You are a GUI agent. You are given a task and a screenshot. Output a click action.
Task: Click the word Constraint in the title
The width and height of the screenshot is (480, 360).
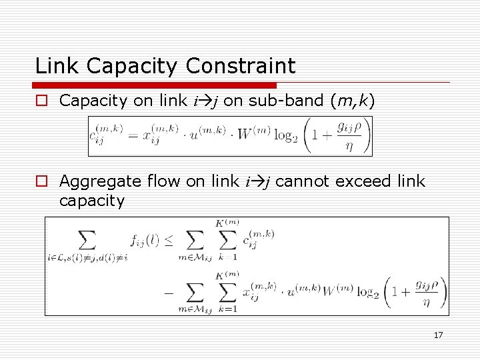click(241, 66)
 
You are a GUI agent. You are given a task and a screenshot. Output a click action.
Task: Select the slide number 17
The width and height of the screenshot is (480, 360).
click(438, 335)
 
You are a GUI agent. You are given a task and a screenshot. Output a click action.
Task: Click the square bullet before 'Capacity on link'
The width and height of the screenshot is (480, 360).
click(41, 101)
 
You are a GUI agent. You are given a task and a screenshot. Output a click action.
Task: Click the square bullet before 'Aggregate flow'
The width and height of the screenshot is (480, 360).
click(41, 181)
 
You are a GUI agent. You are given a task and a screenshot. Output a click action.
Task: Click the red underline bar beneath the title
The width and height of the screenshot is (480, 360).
click(154, 85)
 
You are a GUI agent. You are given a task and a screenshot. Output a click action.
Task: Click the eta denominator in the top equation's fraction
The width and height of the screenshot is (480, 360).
click(347, 147)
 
